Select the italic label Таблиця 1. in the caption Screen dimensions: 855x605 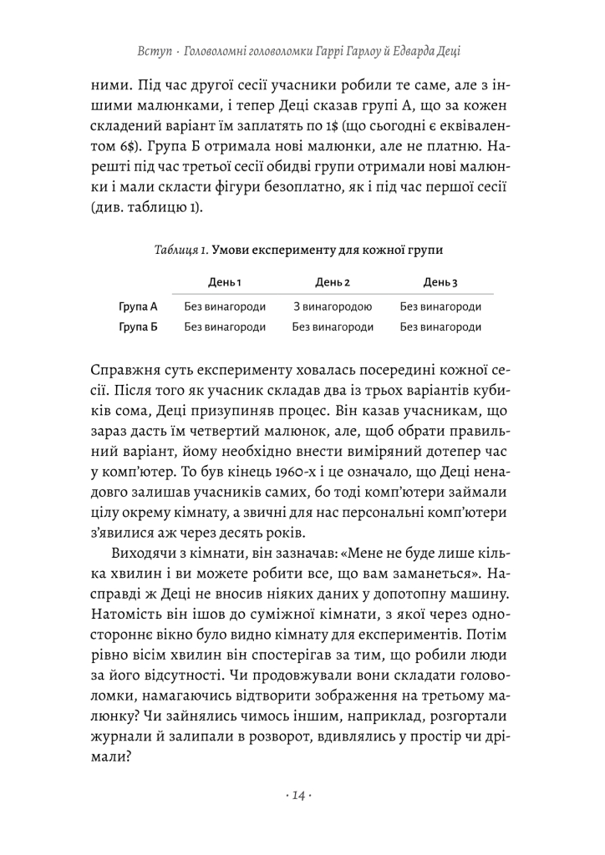click(x=181, y=250)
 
